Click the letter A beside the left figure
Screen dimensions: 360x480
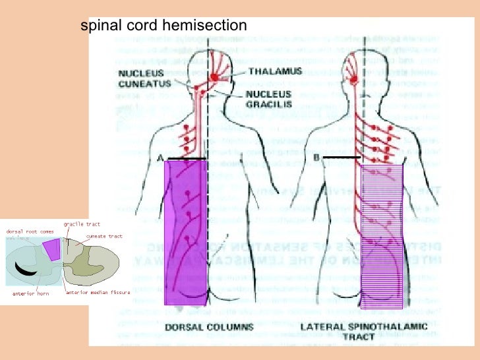click(x=160, y=158)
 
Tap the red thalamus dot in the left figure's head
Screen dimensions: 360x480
click(x=214, y=78)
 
